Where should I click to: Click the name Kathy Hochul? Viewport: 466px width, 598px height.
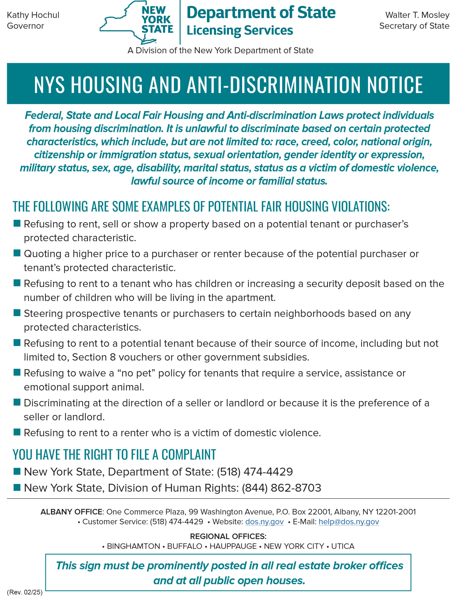coord(33,15)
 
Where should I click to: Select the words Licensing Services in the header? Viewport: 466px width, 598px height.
coord(240,30)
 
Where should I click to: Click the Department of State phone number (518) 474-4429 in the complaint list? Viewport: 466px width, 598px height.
coord(255,472)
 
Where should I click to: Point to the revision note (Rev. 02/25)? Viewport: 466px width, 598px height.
coord(25,592)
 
